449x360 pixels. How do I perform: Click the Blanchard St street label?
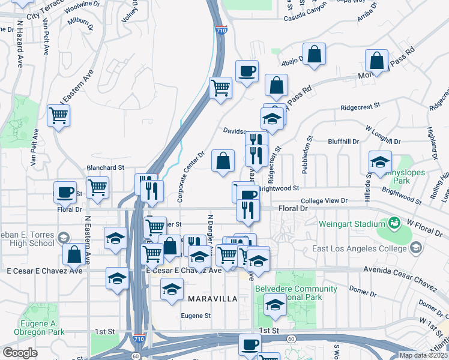point(105,168)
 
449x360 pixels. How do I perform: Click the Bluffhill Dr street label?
point(343,142)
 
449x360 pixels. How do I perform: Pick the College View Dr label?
point(324,200)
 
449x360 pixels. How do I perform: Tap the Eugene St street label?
point(196,316)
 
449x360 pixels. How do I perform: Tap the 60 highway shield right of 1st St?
point(291,340)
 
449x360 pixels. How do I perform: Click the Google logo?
point(20,353)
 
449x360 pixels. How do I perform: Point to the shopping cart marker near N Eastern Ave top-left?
point(58,115)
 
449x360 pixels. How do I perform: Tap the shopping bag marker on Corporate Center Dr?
point(223,160)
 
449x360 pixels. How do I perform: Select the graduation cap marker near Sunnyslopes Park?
point(380,162)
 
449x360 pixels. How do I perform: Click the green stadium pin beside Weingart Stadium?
point(394,224)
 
